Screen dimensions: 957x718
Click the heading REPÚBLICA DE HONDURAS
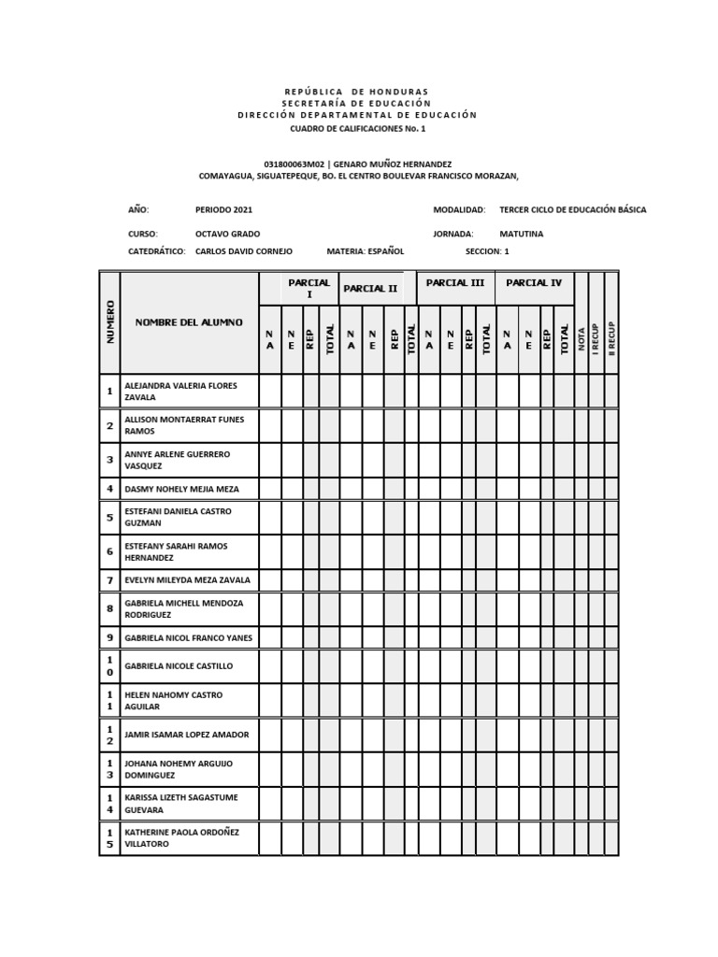(x=357, y=92)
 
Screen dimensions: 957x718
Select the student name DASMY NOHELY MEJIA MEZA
(x=181, y=489)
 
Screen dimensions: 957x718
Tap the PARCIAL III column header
(x=454, y=282)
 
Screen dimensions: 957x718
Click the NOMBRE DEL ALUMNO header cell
(x=189, y=322)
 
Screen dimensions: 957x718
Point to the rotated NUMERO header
(x=109, y=322)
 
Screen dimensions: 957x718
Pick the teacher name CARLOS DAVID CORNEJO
(x=244, y=251)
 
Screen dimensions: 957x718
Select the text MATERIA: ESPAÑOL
(x=366, y=251)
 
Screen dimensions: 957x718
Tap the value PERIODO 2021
(x=223, y=210)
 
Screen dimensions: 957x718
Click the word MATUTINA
(x=521, y=234)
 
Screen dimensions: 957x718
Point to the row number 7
(x=109, y=580)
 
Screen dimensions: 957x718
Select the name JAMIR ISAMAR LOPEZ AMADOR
(x=187, y=736)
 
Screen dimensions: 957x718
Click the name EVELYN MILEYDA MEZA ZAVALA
(x=187, y=580)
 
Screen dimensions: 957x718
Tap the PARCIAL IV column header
(x=534, y=282)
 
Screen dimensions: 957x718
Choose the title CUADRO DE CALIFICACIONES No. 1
(x=357, y=128)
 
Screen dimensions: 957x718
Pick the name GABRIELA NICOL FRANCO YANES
(x=188, y=638)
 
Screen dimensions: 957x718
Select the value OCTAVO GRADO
(x=227, y=234)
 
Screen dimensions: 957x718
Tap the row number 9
(x=109, y=638)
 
